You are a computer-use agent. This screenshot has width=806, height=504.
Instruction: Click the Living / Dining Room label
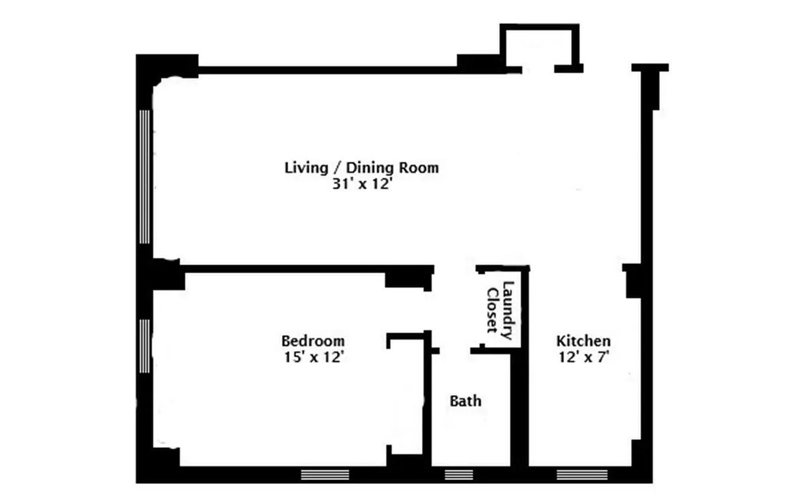tap(361, 168)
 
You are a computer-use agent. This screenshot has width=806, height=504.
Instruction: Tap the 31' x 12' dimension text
tap(361, 186)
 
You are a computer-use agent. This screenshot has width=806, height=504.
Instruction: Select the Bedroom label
tap(312, 341)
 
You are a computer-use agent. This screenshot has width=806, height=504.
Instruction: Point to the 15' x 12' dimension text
tap(312, 357)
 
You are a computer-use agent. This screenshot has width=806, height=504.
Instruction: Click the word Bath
tap(465, 401)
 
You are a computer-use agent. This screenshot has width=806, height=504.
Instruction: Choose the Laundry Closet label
tap(500, 311)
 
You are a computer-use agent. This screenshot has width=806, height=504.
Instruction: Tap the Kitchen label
tap(582, 341)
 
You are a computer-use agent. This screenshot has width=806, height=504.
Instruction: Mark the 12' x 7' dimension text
tap(582, 357)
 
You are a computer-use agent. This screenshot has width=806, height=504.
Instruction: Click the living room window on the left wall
tap(145, 176)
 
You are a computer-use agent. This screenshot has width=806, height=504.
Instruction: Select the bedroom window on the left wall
tap(145, 345)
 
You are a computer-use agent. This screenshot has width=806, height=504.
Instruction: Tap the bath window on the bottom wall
tap(459, 474)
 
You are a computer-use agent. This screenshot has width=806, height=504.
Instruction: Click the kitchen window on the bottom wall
tap(582, 474)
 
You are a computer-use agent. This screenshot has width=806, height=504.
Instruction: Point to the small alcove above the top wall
tap(538, 47)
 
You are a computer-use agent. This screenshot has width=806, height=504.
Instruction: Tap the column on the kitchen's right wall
tap(632, 281)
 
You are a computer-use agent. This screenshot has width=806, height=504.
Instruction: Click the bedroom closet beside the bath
tap(406, 397)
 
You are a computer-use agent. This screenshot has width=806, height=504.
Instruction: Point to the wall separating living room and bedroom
tap(283, 269)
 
